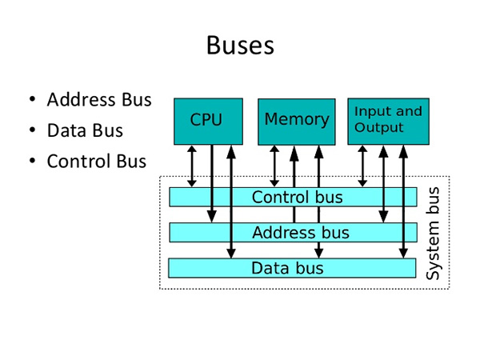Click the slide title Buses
[x=240, y=45]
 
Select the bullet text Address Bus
[x=99, y=100]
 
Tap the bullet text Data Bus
[x=85, y=130]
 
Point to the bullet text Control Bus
[x=97, y=161]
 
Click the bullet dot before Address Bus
[x=32, y=101]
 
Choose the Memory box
[x=296, y=120]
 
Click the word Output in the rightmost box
[x=378, y=128]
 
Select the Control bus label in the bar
[x=297, y=197]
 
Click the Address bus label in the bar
[x=300, y=233]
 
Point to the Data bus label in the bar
[x=288, y=268]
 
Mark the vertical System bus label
[x=433, y=233]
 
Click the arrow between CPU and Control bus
[x=192, y=166]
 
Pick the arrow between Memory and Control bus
[x=275, y=166]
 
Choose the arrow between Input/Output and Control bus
[x=363, y=166]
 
